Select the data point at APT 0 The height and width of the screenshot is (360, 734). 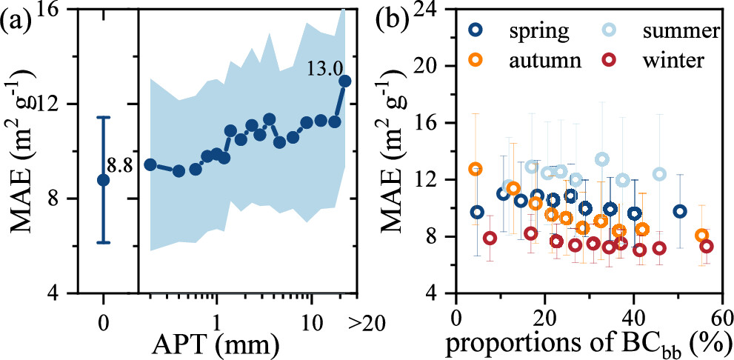coord(103,179)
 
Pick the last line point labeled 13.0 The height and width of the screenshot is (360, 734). coord(344,81)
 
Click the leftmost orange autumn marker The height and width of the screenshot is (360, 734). coord(475,169)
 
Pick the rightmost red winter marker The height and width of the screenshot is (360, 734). coord(707,246)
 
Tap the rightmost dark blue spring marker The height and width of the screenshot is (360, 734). coord(679,211)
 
